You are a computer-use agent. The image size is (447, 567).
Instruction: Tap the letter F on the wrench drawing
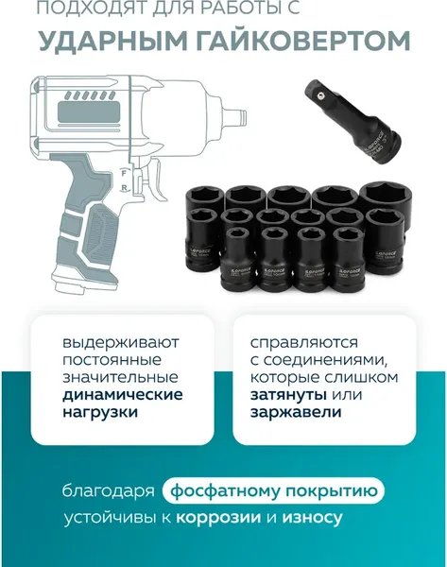coord(122,173)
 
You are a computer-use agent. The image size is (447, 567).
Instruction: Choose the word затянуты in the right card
coord(283,394)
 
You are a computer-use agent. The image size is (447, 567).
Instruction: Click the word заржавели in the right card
coord(295,412)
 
